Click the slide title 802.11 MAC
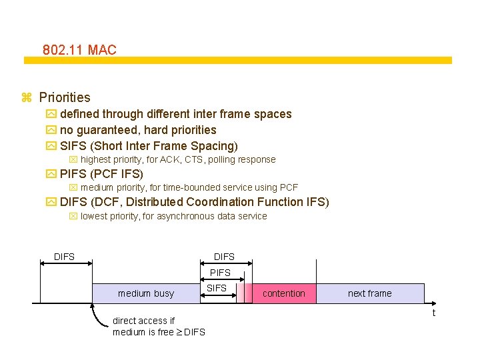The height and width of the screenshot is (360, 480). [x=79, y=50]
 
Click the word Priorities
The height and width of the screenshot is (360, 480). [x=65, y=97]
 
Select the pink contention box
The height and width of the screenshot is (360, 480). [x=284, y=293]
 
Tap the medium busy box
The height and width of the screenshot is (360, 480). [x=146, y=293]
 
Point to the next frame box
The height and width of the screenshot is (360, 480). [x=370, y=293]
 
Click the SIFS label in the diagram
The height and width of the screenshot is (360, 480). [x=217, y=288]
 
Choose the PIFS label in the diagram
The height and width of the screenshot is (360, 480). [x=220, y=273]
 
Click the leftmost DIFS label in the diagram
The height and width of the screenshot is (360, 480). [x=64, y=257]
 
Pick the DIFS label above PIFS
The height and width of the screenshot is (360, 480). [x=224, y=257]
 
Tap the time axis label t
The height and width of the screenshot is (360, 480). [x=434, y=313]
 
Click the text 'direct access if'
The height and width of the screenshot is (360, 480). [x=144, y=321]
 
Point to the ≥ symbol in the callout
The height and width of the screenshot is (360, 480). [x=179, y=332]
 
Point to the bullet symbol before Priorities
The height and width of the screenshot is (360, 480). [x=27, y=98]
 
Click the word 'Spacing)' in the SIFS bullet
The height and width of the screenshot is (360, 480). [x=214, y=145]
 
